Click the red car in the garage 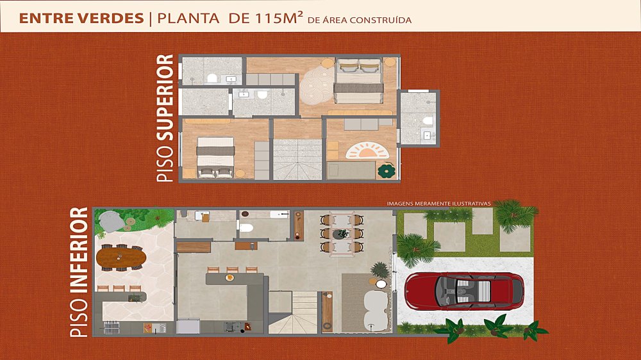click(464, 291)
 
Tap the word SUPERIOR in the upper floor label click(165, 98)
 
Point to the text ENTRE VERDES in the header click(81, 19)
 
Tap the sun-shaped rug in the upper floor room click(367, 151)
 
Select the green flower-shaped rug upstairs click(387, 171)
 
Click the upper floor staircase click(297, 159)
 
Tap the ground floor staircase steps click(293, 313)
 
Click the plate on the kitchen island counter click(229, 278)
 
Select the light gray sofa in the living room click(375, 311)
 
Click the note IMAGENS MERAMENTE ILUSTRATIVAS click(438, 203)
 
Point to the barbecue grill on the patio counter click(111, 328)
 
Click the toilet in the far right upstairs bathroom click(428, 120)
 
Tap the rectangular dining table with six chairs click(342, 234)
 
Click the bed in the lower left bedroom click(215, 158)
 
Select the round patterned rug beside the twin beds click(317, 85)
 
